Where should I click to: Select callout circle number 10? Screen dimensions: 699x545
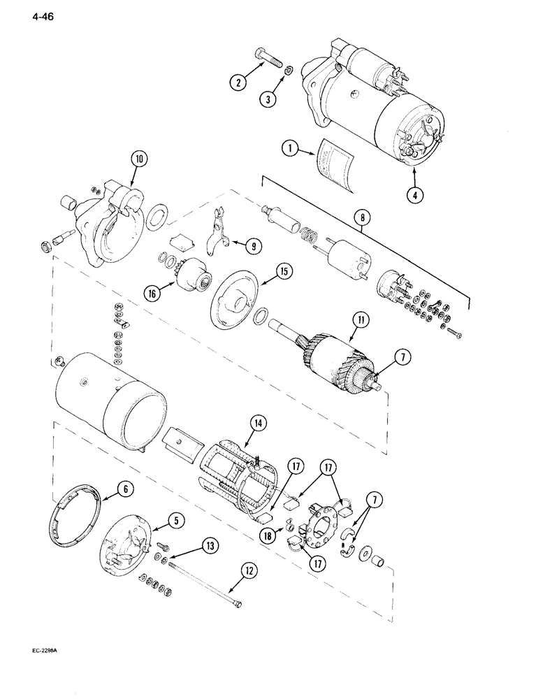[139, 159]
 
